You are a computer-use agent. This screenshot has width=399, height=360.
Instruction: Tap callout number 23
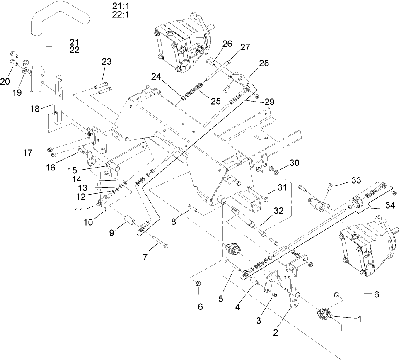(106, 62)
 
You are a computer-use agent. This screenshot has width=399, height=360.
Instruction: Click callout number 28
(264, 63)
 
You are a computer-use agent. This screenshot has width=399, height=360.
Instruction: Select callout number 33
(356, 181)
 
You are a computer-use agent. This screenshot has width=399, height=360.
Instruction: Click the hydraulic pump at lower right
(365, 249)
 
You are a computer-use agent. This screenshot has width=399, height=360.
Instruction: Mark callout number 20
(5, 81)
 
